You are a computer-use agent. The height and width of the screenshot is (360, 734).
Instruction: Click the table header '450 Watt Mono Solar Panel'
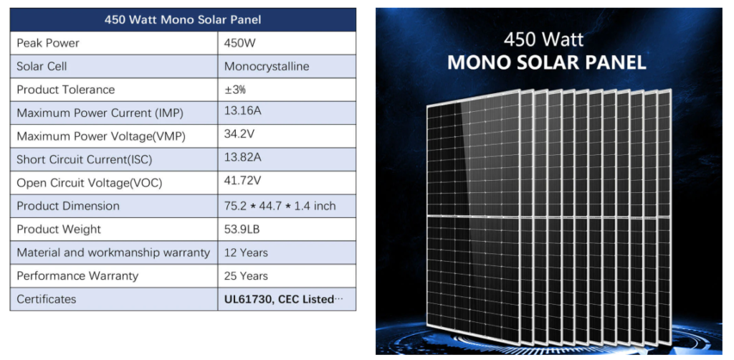pos(183,20)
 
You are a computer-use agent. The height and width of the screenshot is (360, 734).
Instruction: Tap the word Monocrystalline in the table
pos(267,67)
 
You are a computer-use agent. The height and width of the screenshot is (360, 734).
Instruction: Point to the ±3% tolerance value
pos(235,90)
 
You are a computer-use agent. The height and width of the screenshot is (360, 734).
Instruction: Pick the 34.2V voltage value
pos(239,134)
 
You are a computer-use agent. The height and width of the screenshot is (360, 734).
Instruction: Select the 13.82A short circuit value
pos(242,157)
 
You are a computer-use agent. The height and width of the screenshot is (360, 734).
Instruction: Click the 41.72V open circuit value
pos(242,181)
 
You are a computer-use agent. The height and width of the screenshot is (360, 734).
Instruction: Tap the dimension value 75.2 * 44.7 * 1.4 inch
pos(280,206)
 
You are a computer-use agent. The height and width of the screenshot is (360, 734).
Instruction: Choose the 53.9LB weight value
pos(242,229)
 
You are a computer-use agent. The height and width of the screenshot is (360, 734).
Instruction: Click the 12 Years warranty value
pos(247,253)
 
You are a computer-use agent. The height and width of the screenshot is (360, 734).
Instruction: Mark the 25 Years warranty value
pos(247,275)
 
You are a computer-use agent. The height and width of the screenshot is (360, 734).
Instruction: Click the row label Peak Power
pos(48,43)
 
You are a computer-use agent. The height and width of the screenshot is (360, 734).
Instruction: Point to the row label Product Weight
pos(59,229)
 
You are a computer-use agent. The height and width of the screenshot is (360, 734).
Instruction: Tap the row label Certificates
pos(47,299)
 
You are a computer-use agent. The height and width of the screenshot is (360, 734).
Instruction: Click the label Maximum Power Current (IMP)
pos(100,113)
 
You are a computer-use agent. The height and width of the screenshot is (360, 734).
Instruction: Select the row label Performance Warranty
pos(77,275)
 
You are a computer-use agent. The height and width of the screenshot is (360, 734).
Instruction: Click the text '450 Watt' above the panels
pos(543,39)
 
